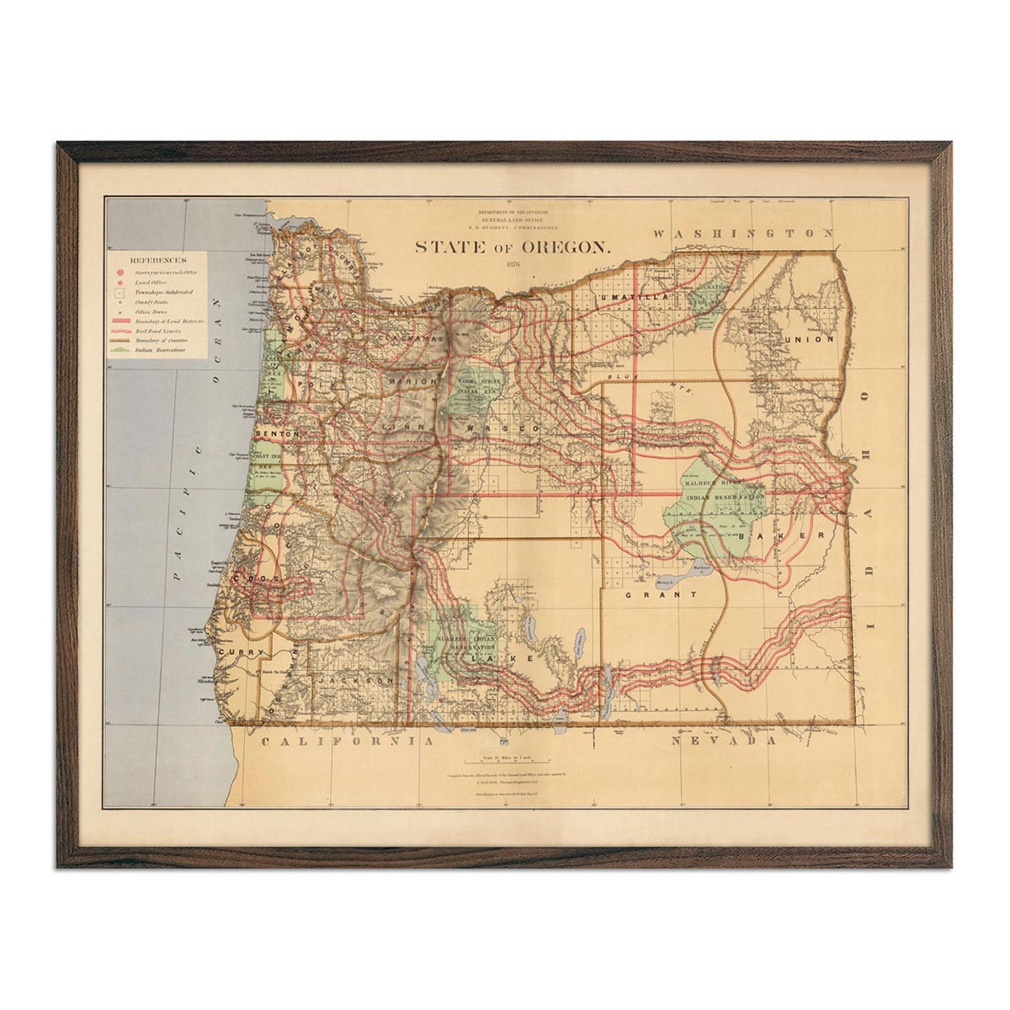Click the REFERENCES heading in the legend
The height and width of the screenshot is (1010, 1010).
(x=157, y=261)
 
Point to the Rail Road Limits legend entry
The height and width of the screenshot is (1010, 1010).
(x=163, y=331)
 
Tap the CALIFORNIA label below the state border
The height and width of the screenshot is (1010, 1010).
(x=348, y=742)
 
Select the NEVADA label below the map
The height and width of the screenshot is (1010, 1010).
(x=724, y=742)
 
